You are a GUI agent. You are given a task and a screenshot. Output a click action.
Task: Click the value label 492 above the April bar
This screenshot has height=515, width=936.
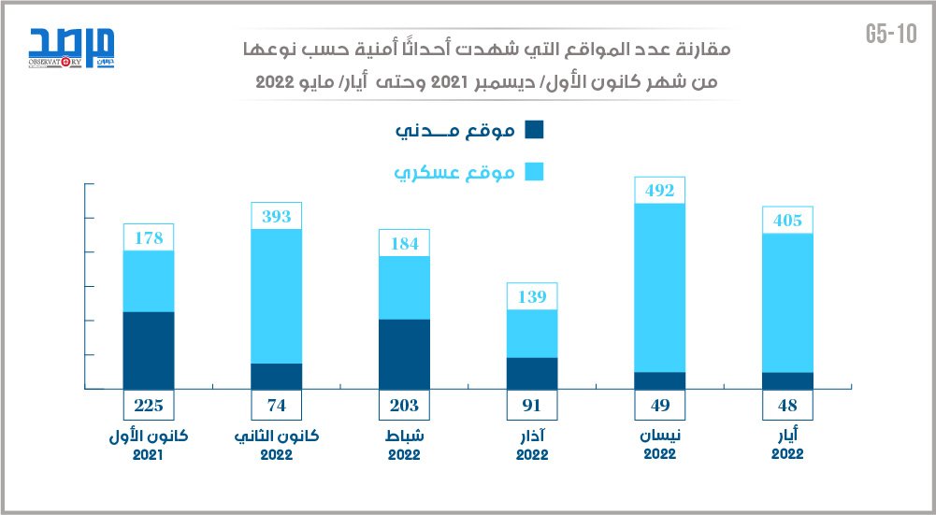(x=659, y=191)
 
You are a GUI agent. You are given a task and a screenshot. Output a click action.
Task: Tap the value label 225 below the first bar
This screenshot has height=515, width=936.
(x=149, y=406)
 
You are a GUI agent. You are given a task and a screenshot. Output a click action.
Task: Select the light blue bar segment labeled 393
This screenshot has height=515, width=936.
(x=277, y=295)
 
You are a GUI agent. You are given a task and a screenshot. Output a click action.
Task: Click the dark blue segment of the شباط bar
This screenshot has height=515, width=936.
(x=404, y=353)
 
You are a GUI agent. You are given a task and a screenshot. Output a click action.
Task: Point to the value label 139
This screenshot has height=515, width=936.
(x=531, y=296)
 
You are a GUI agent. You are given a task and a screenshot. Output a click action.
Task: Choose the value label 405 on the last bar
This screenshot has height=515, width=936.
(x=786, y=221)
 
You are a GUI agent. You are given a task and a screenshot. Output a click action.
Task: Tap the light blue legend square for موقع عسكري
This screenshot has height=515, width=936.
(x=535, y=172)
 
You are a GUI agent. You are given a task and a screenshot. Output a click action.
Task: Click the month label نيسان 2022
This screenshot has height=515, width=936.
(x=659, y=444)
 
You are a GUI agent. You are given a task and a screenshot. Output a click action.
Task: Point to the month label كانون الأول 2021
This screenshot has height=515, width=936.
(x=149, y=445)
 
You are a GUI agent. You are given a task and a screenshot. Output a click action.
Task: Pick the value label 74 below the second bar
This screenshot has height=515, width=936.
(x=277, y=406)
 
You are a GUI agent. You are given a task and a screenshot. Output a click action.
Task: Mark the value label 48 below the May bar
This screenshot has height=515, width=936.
(x=786, y=406)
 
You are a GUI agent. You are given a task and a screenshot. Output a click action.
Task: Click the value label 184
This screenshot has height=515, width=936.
(x=404, y=244)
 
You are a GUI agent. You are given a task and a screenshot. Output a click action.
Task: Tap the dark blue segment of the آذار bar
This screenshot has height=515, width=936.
(x=531, y=373)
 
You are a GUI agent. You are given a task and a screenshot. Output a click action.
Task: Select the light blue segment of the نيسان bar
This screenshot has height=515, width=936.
(x=659, y=288)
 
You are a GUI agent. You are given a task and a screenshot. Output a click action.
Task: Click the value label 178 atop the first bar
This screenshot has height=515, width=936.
(x=149, y=238)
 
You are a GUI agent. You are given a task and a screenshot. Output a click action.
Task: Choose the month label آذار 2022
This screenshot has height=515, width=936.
(x=531, y=445)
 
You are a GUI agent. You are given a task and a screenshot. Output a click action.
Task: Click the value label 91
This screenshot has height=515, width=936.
(x=531, y=406)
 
